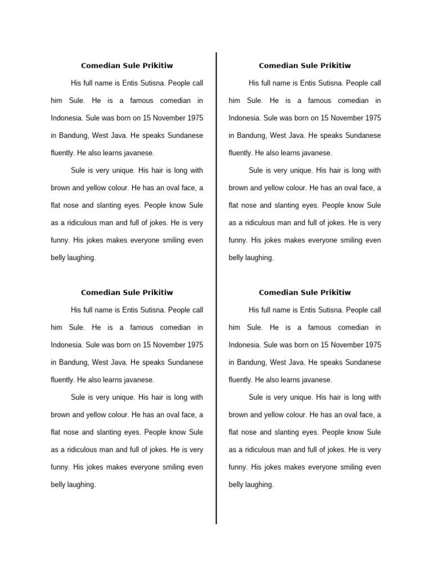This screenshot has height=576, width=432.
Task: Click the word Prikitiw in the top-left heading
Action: tap(157, 66)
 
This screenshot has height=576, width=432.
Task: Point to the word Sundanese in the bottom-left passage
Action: tap(184, 362)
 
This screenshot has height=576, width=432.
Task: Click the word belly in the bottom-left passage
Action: tap(58, 484)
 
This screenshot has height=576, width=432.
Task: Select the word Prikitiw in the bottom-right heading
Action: tap(335, 292)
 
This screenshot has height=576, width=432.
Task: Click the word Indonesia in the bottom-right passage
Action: tap(245, 345)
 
